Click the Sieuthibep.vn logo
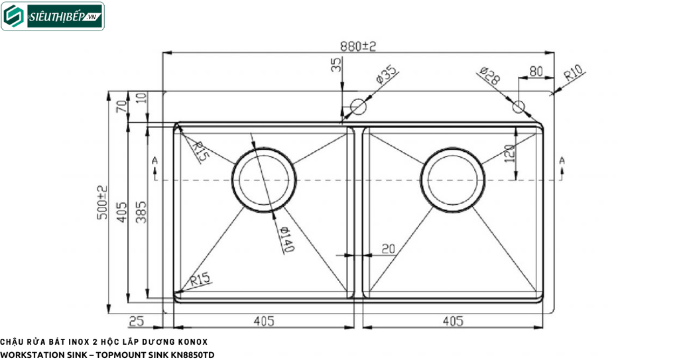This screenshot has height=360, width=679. [x=52, y=17]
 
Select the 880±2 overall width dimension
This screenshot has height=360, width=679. [x=358, y=46]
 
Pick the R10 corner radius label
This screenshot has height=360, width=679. [x=572, y=73]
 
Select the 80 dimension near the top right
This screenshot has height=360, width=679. [x=536, y=70]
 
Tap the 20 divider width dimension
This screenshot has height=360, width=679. [x=389, y=249]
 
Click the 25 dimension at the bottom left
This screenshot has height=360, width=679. [x=136, y=322]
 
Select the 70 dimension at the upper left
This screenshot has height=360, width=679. [x=121, y=106]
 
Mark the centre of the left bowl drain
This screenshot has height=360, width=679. [x=264, y=180]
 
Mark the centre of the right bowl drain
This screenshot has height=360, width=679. [x=453, y=180]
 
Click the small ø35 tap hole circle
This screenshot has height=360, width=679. [x=358, y=106]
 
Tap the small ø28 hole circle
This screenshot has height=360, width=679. [x=519, y=106]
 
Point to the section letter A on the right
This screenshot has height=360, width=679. [x=562, y=160]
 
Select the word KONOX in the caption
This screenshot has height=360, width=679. [x=192, y=342]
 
